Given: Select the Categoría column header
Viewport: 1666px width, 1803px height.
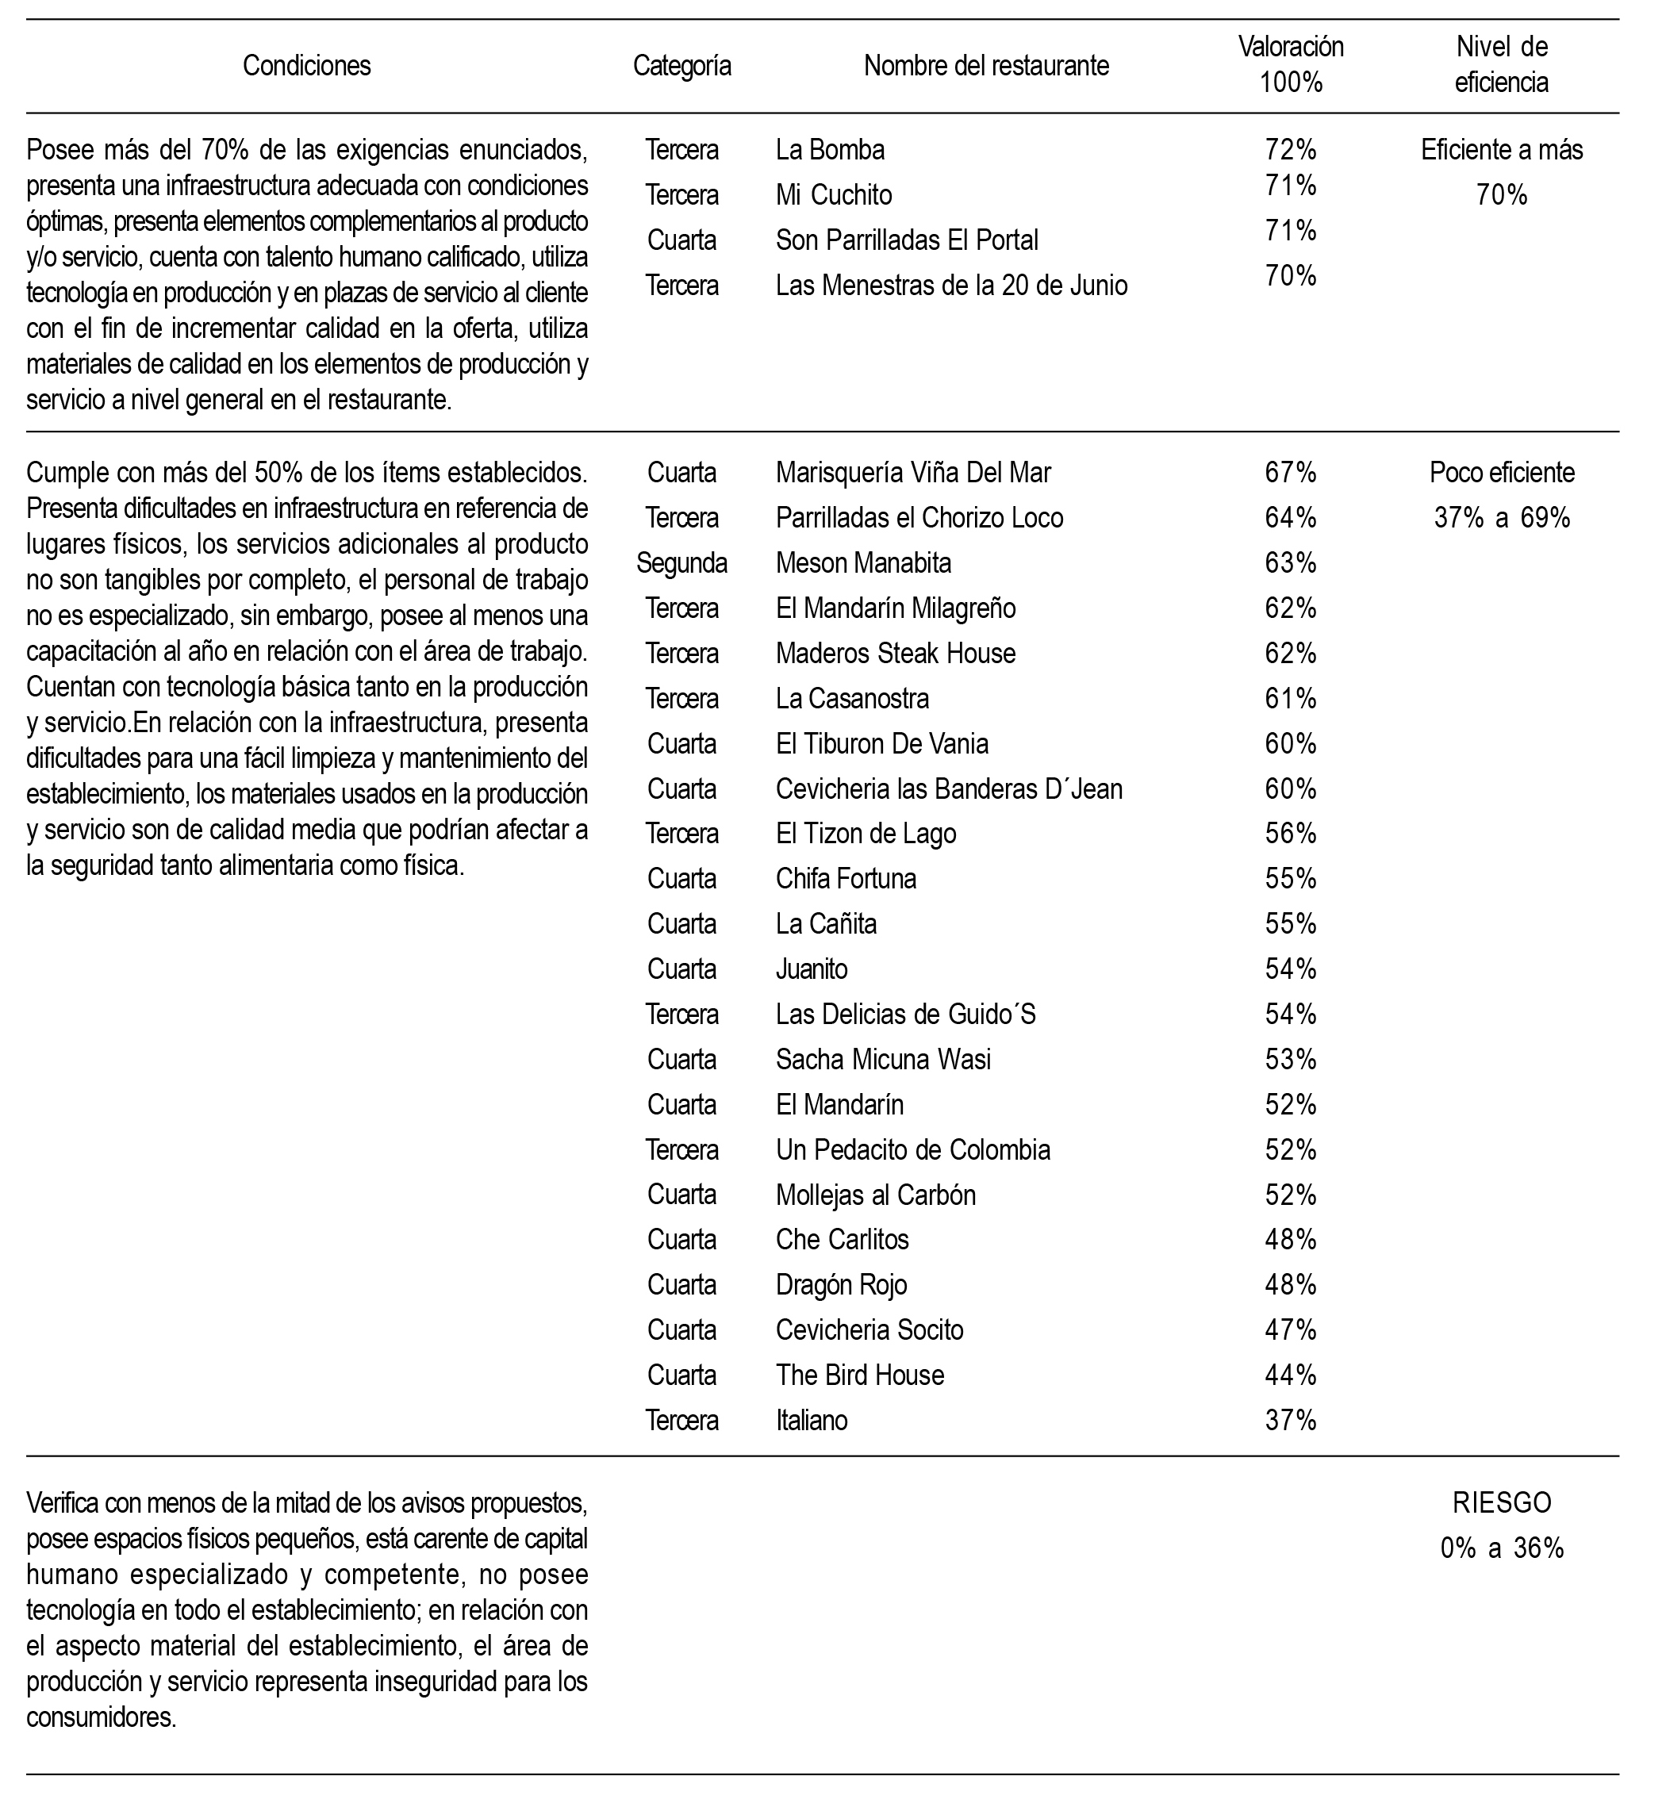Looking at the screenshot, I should click(x=681, y=66).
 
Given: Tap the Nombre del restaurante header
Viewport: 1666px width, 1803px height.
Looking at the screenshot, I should click(x=986, y=66).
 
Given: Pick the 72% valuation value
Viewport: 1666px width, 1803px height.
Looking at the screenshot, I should click(x=1290, y=150).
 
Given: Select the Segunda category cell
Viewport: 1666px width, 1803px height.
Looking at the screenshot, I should click(x=681, y=563).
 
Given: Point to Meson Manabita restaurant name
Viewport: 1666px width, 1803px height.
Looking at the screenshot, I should click(x=863, y=563).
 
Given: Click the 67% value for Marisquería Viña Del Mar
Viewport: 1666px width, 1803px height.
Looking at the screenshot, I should click(x=1290, y=473).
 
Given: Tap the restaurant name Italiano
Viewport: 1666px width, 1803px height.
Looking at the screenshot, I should click(x=812, y=1421).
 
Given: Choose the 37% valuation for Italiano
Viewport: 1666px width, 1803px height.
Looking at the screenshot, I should click(x=1290, y=1421).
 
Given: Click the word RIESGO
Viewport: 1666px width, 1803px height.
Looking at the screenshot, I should click(x=1502, y=1503).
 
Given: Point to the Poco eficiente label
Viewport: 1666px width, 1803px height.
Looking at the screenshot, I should click(x=1502, y=473).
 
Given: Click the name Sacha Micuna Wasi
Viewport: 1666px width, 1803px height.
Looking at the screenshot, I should click(x=882, y=1059).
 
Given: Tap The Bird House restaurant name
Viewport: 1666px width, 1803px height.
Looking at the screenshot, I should click(x=860, y=1375).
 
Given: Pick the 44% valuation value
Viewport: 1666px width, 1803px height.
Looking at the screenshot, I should click(x=1290, y=1375).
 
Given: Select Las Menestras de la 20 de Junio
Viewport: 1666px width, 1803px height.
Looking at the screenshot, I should click(x=951, y=286).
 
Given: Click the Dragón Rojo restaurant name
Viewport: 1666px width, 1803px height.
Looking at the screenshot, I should click(x=841, y=1285).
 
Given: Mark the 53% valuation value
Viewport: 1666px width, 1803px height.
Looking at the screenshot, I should click(x=1290, y=1059).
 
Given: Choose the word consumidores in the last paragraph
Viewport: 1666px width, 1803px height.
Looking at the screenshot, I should click(x=101, y=1717).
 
